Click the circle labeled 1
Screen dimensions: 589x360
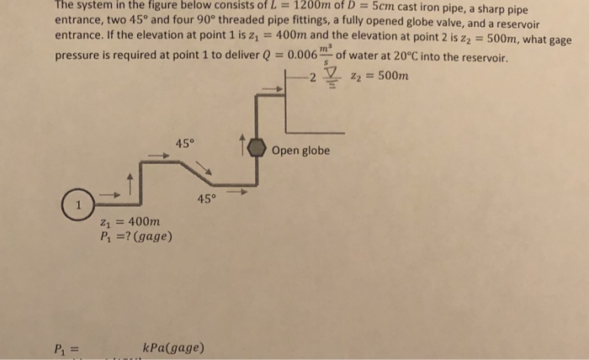point(77,204)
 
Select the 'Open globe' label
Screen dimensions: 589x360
point(300,151)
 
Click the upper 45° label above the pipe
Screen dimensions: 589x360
point(186,143)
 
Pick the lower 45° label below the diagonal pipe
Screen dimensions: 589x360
point(207,199)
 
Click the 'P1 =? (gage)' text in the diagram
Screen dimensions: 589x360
point(135,237)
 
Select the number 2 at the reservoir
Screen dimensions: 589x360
point(311,79)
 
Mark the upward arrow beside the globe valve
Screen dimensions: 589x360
point(244,147)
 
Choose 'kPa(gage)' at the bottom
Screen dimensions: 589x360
point(174,347)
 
